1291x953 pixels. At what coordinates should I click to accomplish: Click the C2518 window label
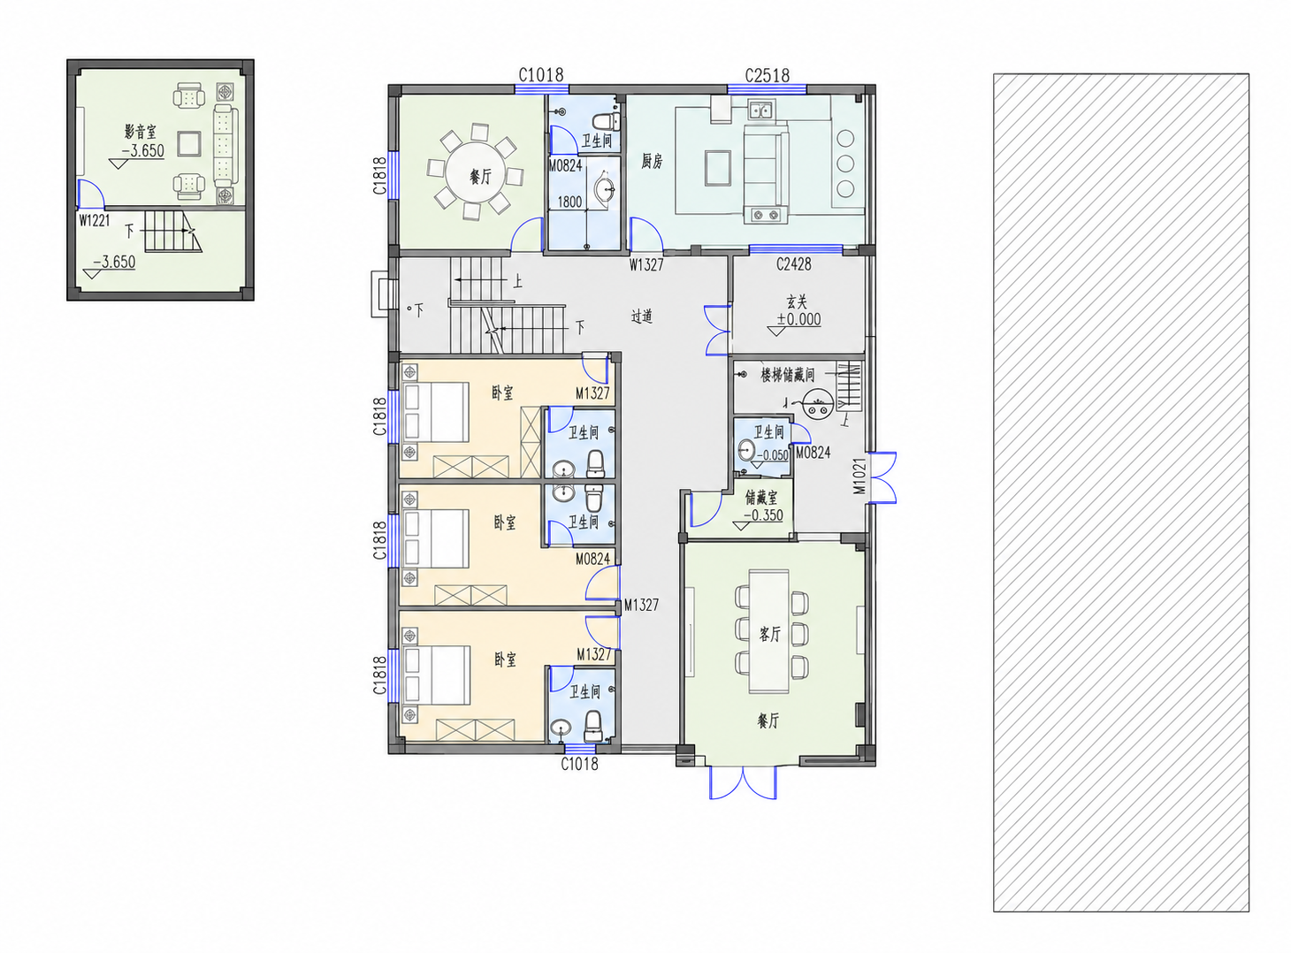pyautogui.click(x=768, y=76)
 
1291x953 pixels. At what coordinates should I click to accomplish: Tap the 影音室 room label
pyautogui.click(x=141, y=132)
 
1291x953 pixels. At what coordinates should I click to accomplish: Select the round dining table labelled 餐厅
pyautogui.click(x=476, y=173)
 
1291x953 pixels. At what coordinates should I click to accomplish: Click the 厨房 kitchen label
pyautogui.click(x=652, y=161)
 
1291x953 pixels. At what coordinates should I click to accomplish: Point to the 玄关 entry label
pyautogui.click(x=797, y=301)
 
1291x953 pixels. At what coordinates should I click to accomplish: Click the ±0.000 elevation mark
pyautogui.click(x=798, y=319)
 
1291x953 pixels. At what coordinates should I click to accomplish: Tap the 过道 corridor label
pyautogui.click(x=641, y=316)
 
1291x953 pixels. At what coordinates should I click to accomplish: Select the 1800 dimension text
pyautogui.click(x=569, y=202)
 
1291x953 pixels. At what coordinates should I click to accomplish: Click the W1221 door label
pyautogui.click(x=95, y=220)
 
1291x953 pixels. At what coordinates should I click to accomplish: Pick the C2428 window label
pyautogui.click(x=793, y=264)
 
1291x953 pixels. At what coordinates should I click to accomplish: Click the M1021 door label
pyautogui.click(x=859, y=476)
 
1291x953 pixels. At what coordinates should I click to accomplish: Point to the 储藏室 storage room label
pyautogui.click(x=761, y=497)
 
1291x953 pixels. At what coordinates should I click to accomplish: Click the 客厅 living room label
pyautogui.click(x=769, y=634)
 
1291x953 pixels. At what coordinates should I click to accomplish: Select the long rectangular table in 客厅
pyautogui.click(x=769, y=631)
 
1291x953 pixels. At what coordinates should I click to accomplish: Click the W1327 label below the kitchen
pyautogui.click(x=646, y=265)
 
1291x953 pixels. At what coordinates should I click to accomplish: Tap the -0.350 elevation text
pyautogui.click(x=764, y=515)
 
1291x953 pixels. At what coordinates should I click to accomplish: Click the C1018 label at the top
pyautogui.click(x=541, y=75)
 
